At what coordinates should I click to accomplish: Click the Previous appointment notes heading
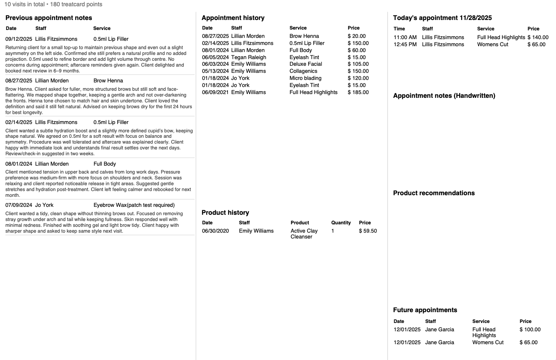49,18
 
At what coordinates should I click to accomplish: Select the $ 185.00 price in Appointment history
358,92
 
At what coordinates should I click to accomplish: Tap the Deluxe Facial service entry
306,64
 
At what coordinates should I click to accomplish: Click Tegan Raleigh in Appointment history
248,57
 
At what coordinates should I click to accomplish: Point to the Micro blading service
305,78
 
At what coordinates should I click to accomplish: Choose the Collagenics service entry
303,71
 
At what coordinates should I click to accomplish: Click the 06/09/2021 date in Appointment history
215,92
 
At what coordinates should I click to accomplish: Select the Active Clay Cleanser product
304,233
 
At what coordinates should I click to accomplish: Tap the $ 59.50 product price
368,231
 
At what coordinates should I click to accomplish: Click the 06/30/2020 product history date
215,231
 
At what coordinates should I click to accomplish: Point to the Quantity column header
341,223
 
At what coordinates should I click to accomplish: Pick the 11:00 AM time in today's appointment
405,37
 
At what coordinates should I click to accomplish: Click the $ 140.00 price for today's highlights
538,37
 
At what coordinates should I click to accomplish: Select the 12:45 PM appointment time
405,45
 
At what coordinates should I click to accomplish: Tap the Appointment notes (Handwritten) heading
444,96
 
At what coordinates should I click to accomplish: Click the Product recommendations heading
434,193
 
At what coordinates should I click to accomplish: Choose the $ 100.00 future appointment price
530,330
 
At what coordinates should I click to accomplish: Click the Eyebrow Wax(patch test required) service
134,205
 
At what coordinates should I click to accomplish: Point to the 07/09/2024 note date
19,205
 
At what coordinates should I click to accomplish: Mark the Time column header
399,29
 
